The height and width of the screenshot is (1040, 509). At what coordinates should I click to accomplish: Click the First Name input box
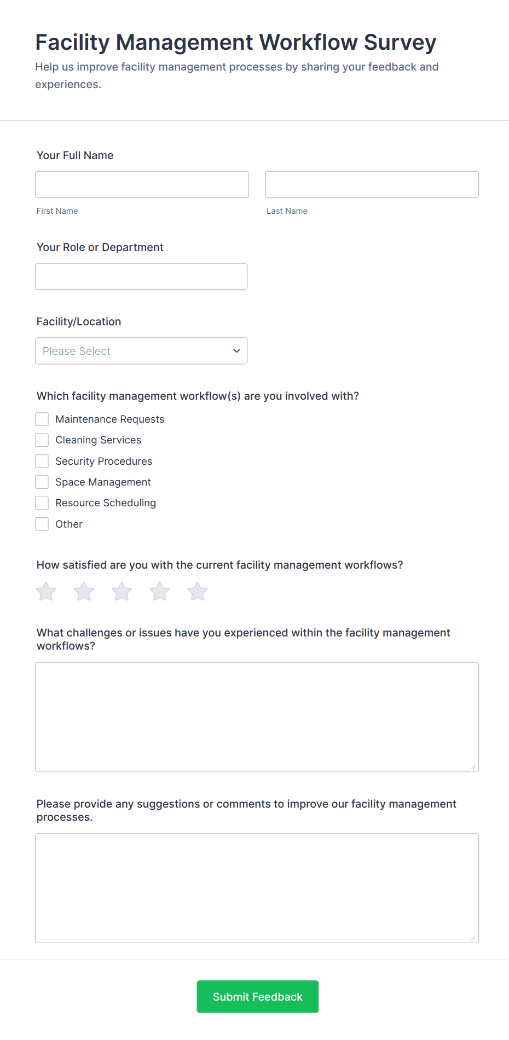[x=142, y=184]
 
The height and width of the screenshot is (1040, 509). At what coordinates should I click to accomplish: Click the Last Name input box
[x=372, y=184]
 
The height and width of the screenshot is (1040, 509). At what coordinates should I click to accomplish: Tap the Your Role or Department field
[x=141, y=277]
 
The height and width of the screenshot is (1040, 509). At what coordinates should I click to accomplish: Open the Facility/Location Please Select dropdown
[x=141, y=351]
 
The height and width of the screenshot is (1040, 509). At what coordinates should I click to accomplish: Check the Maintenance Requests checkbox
[x=42, y=419]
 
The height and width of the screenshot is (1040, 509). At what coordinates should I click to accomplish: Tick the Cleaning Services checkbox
[x=42, y=440]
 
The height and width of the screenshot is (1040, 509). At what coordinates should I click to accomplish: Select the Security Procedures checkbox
[x=42, y=461]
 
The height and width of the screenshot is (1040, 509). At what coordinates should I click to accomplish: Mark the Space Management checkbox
[x=42, y=482]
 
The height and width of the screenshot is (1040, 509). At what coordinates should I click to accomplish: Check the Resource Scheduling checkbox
[x=42, y=503]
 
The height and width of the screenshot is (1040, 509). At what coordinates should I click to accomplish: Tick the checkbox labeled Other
[x=42, y=524]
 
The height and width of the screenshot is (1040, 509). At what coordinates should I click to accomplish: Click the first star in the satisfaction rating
[x=46, y=592]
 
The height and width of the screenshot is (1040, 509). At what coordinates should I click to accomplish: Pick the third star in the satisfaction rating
[x=122, y=592]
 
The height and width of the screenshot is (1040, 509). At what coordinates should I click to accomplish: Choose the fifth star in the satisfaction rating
[x=198, y=592]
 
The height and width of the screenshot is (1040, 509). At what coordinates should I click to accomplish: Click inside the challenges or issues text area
[x=257, y=717]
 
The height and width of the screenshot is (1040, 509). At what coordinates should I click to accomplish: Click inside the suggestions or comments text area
[x=257, y=888]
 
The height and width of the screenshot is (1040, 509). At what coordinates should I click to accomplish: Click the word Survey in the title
[x=400, y=43]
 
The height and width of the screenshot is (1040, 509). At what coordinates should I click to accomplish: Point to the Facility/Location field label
[x=79, y=322]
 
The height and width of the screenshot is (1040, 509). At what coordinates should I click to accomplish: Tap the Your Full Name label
[x=75, y=155]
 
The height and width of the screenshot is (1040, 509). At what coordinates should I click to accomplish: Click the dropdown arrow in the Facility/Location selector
[x=236, y=351]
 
